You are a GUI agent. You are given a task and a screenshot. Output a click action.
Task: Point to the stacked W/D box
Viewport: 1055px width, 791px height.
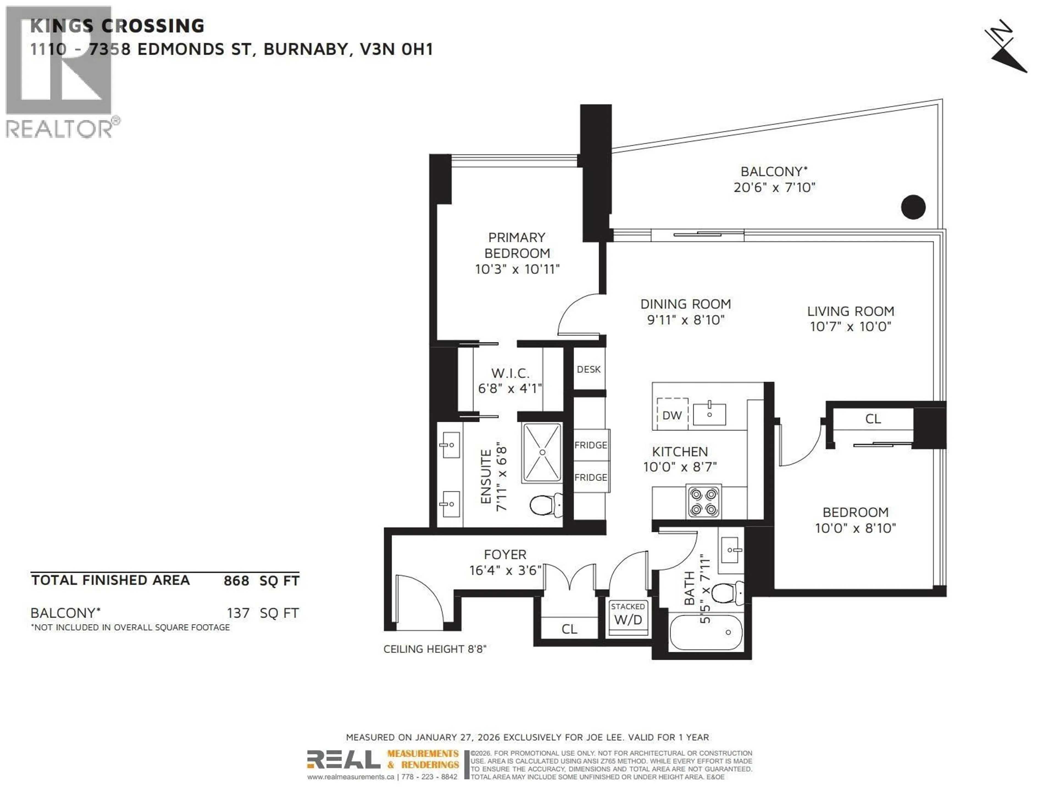(628, 615)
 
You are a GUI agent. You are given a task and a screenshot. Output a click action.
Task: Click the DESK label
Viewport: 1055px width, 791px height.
(588, 369)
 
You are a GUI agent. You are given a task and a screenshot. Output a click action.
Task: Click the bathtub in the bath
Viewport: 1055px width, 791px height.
(706, 632)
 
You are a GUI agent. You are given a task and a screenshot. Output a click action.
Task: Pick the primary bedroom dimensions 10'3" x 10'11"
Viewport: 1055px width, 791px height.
(517, 269)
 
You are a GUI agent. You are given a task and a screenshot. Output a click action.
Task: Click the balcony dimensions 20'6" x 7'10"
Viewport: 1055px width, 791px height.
(774, 187)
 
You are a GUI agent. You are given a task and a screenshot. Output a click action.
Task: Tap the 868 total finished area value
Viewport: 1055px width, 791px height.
(236, 581)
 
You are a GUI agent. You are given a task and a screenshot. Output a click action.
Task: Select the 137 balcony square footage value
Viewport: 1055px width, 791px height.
(238, 613)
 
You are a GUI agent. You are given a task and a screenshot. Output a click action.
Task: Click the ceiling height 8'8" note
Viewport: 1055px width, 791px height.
(434, 649)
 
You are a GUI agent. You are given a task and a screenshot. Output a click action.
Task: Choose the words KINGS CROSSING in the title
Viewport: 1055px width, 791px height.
(117, 26)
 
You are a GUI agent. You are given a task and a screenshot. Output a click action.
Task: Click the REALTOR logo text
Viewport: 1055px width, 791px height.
(60, 129)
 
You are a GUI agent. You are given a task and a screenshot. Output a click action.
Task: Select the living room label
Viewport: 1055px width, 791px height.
(850, 311)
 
